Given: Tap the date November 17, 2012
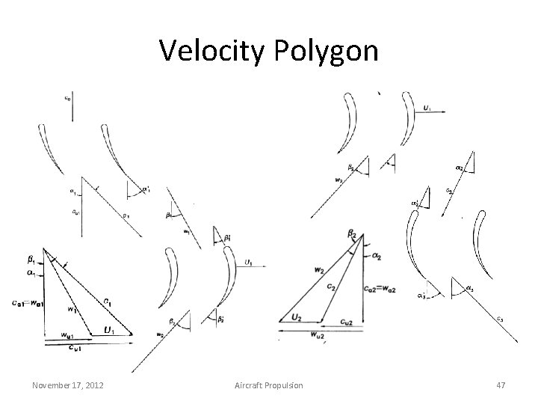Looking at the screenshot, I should tap(67, 385).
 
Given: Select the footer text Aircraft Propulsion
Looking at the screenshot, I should tap(269, 385).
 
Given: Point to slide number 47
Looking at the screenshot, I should tap(501, 385).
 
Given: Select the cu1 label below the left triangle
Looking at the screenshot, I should tap(77, 347).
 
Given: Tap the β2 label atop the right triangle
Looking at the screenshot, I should tap(352, 235).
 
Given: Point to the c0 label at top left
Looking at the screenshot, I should tap(67, 97).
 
